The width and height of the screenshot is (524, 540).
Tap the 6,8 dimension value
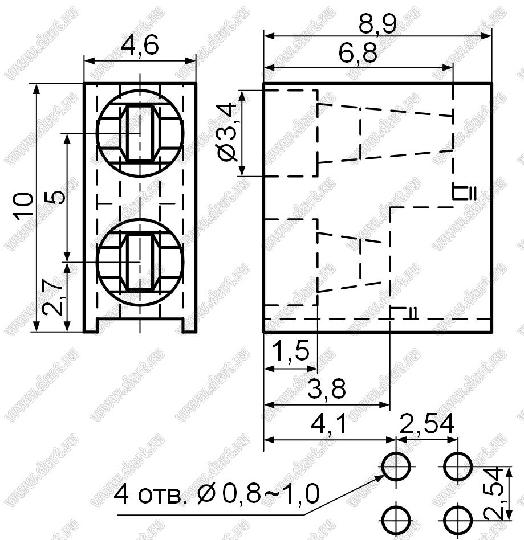358,54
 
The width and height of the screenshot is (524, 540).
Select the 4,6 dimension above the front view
140,45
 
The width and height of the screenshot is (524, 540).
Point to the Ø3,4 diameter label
228,133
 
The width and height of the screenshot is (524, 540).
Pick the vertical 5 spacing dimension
55,197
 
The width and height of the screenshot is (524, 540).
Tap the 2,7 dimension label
52,297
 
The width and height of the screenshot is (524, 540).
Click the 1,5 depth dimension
290,351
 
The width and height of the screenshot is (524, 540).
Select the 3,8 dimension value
326,389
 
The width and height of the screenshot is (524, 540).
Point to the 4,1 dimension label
329,424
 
